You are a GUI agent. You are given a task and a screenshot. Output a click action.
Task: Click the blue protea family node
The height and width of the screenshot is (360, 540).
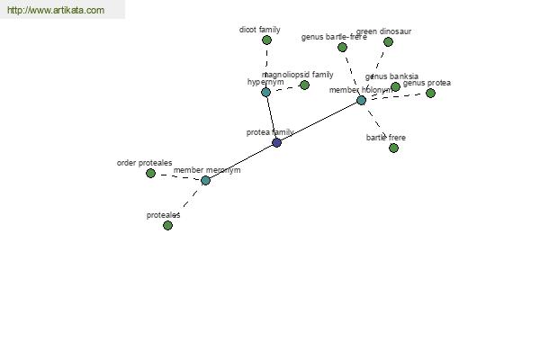tap(276, 142)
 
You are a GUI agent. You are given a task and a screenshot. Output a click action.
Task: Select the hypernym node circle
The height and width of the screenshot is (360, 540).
tap(265, 92)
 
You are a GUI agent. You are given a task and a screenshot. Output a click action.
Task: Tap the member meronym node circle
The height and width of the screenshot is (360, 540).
tap(205, 180)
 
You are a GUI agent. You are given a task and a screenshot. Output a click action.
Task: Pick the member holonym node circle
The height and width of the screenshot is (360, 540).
tap(361, 100)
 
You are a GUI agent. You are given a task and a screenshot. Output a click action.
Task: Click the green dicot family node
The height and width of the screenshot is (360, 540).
tap(266, 40)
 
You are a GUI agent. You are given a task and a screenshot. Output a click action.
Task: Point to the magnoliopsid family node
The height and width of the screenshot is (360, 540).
tap(304, 85)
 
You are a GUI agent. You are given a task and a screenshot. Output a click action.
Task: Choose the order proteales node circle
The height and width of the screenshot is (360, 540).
tap(150, 173)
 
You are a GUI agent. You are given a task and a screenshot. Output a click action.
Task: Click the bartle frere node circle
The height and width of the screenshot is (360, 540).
tap(393, 148)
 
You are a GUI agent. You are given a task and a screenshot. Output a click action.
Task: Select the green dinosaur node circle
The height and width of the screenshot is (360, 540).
tap(388, 41)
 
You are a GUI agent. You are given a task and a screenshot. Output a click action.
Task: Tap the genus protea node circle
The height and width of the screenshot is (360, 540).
tap(430, 93)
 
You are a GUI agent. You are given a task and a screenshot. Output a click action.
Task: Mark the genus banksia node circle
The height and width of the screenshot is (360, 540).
tap(395, 86)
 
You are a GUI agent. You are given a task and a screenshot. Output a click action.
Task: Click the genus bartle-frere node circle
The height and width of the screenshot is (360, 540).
tap(342, 47)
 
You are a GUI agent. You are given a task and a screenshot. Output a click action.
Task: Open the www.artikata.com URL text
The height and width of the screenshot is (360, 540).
tap(55, 11)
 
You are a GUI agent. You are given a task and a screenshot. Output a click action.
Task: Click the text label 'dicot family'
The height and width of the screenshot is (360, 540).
tap(259, 30)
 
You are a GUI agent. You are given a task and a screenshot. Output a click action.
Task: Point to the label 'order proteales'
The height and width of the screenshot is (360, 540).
tap(144, 163)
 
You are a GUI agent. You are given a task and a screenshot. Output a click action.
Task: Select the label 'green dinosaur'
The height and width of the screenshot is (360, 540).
tap(383, 31)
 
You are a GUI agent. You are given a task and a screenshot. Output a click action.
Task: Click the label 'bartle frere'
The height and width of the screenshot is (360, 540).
tap(385, 138)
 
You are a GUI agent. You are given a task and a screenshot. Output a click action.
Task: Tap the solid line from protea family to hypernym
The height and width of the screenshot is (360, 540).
tap(271, 117)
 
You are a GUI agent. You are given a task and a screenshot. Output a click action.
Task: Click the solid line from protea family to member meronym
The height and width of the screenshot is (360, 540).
tap(240, 161)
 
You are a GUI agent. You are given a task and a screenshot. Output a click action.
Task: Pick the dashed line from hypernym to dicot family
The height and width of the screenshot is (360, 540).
tap(266, 66)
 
